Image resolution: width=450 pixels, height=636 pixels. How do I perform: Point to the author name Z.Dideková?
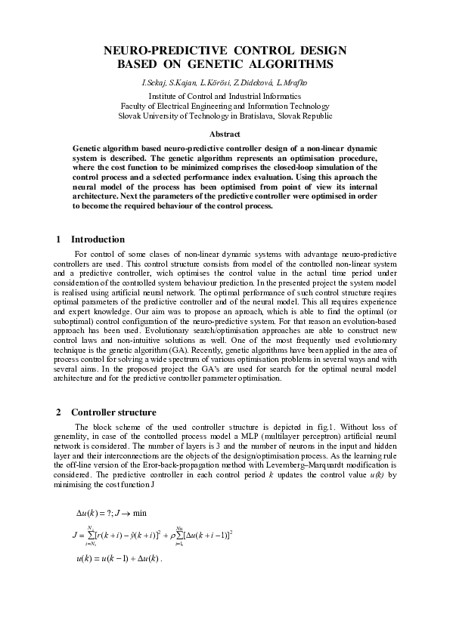click(x=255, y=82)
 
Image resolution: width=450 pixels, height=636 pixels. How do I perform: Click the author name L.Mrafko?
click(x=295, y=82)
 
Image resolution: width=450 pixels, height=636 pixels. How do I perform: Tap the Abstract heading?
click(x=225, y=134)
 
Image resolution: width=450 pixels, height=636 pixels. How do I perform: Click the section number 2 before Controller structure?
click(x=59, y=412)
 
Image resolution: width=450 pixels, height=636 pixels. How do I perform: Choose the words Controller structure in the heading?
click(x=113, y=412)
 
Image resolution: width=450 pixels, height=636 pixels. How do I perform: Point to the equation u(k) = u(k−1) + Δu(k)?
click(x=119, y=559)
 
